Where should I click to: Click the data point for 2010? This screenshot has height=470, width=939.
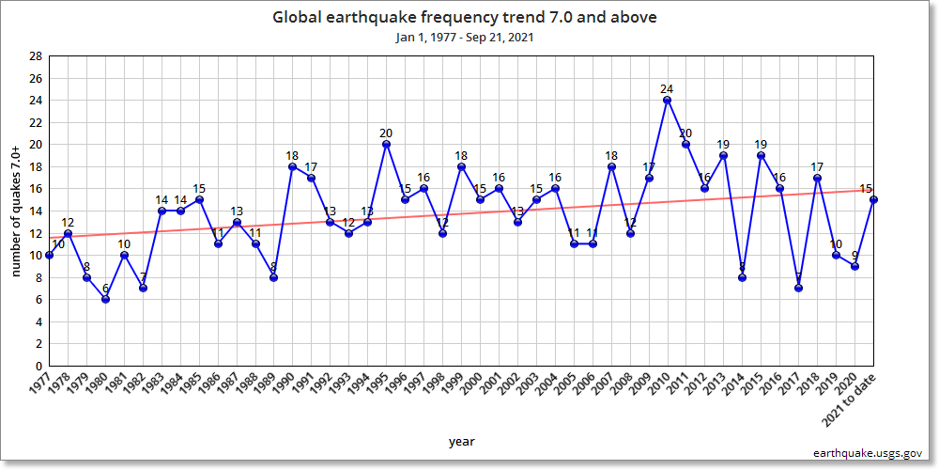(668, 100)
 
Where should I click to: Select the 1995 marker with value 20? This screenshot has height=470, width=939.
(386, 144)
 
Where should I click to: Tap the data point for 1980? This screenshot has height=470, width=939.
(105, 299)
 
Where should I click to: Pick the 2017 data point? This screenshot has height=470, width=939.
(799, 288)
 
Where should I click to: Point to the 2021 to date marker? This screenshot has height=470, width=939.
(874, 199)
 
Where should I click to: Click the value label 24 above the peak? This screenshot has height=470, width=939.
(668, 89)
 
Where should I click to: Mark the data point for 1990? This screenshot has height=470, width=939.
(292, 166)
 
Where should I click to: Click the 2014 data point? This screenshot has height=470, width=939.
(743, 277)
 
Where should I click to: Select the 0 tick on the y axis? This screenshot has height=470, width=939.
(38, 366)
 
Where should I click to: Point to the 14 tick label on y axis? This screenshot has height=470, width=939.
(36, 211)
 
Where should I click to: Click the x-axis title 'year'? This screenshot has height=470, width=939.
(461, 441)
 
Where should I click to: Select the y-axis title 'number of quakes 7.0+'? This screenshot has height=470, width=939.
(16, 211)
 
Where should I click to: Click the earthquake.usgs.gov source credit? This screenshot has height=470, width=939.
(868, 453)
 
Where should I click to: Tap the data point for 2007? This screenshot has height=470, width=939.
(611, 166)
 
